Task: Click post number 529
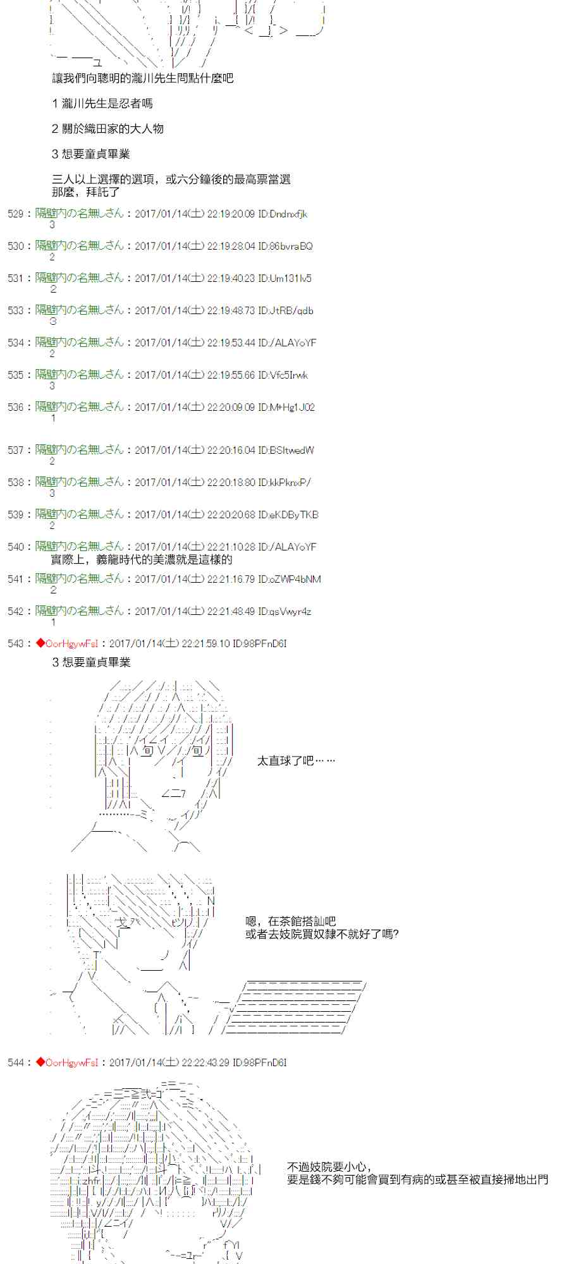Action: [x=15, y=214]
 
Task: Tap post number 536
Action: [x=15, y=408]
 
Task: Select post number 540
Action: [x=15, y=547]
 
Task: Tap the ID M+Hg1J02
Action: [x=291, y=408]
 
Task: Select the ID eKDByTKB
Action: [x=293, y=515]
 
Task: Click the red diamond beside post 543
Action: [x=40, y=643]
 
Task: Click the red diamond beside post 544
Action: [x=40, y=1062]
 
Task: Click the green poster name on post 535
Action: [x=80, y=375]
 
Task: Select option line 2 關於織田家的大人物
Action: [x=107, y=129]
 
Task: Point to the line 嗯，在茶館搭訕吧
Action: [x=290, y=921]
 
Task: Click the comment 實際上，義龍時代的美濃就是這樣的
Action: [x=141, y=560]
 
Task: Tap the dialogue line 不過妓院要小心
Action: [x=329, y=1167]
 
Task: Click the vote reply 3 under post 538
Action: [x=52, y=494]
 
